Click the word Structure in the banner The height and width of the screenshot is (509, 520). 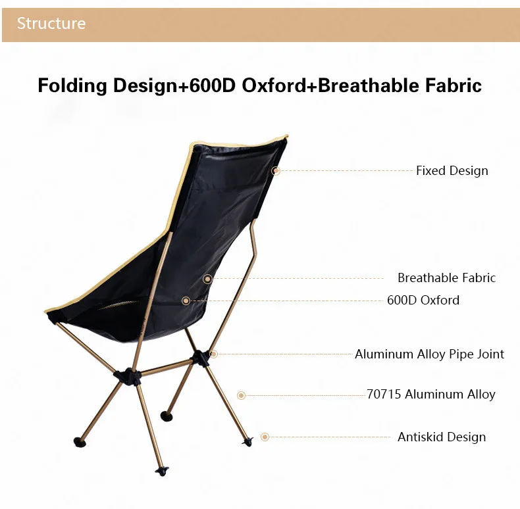pos(51,24)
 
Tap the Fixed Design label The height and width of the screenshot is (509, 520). pos(452,171)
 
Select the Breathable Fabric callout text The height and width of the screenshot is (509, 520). pos(446,278)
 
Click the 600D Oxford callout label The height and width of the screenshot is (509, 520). pos(423,301)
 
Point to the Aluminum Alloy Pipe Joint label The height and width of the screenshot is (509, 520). pos(429,354)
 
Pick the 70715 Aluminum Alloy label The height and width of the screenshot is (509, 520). pos(430,395)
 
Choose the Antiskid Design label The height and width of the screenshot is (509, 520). pos(442,437)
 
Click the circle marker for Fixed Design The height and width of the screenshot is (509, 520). pos(276,171)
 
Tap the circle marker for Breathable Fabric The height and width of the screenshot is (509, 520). pos(207,279)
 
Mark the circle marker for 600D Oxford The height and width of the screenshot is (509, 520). pos(186,301)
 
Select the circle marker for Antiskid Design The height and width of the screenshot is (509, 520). pos(265,437)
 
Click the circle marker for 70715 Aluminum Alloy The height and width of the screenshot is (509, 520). pos(241,395)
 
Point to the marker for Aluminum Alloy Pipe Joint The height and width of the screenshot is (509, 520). pos(214,354)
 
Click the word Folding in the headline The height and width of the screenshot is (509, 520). pos(72,85)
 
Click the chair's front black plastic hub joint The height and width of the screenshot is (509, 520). pos(128,376)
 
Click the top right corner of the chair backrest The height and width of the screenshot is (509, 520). pos(287,135)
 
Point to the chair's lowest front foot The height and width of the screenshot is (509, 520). pos(162,472)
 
